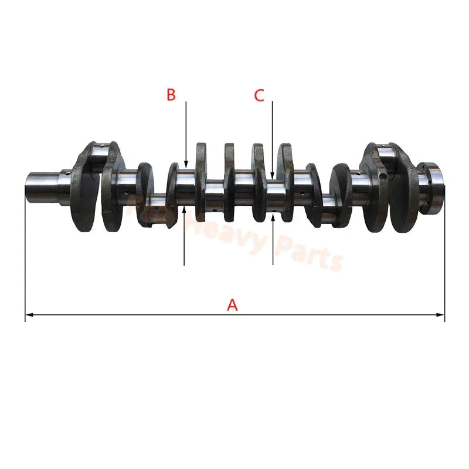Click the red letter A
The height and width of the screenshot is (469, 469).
(233, 305)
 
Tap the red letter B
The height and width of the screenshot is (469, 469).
(171, 95)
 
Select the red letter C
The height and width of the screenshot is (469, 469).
(259, 96)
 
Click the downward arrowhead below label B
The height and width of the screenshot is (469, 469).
(185, 165)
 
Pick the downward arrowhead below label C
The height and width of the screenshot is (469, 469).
(273, 174)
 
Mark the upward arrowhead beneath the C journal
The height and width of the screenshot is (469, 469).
(273, 217)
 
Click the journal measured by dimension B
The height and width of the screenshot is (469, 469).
(186, 188)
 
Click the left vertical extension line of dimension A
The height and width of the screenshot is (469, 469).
(25, 258)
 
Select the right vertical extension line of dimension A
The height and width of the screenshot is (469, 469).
(444, 258)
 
